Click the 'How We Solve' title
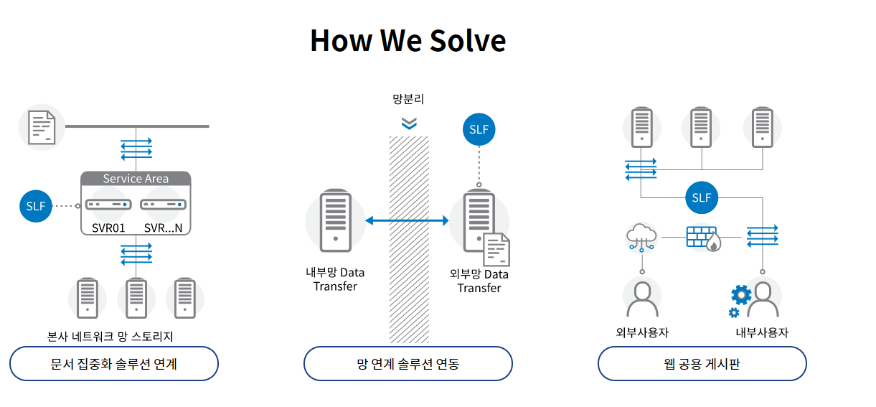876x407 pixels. tap(408, 41)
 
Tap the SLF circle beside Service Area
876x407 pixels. tap(36, 206)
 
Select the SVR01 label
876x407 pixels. tap(108, 228)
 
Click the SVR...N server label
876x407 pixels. tap(163, 228)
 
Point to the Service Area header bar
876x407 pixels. tap(136, 179)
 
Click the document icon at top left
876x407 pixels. tap(42, 128)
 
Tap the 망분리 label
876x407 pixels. tap(408, 98)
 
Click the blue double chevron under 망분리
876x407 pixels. tap(409, 123)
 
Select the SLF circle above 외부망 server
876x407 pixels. tap(479, 129)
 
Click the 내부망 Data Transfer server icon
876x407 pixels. tap(336, 220)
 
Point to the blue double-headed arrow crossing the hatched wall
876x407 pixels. tap(407, 220)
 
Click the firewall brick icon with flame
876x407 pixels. tap(704, 238)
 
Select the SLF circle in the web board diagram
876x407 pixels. tap(702, 197)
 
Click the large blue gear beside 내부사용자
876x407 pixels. tap(741, 295)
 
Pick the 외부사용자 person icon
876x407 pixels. tap(643, 299)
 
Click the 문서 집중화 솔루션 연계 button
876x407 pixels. tap(114, 363)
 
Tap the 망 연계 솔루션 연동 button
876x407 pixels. tap(408, 363)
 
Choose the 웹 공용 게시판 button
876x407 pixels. tap(702, 363)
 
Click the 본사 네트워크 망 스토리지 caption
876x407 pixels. tap(110, 336)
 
